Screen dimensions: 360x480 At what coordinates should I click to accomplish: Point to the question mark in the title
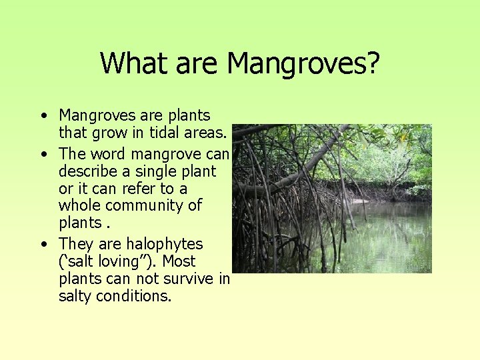point(373,64)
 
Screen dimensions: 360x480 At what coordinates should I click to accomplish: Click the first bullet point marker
point(43,116)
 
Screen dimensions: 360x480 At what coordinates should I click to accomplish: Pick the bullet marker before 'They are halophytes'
point(43,244)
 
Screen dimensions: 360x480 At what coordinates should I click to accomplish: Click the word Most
point(179,261)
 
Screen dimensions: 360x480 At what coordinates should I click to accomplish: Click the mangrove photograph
point(331,198)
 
